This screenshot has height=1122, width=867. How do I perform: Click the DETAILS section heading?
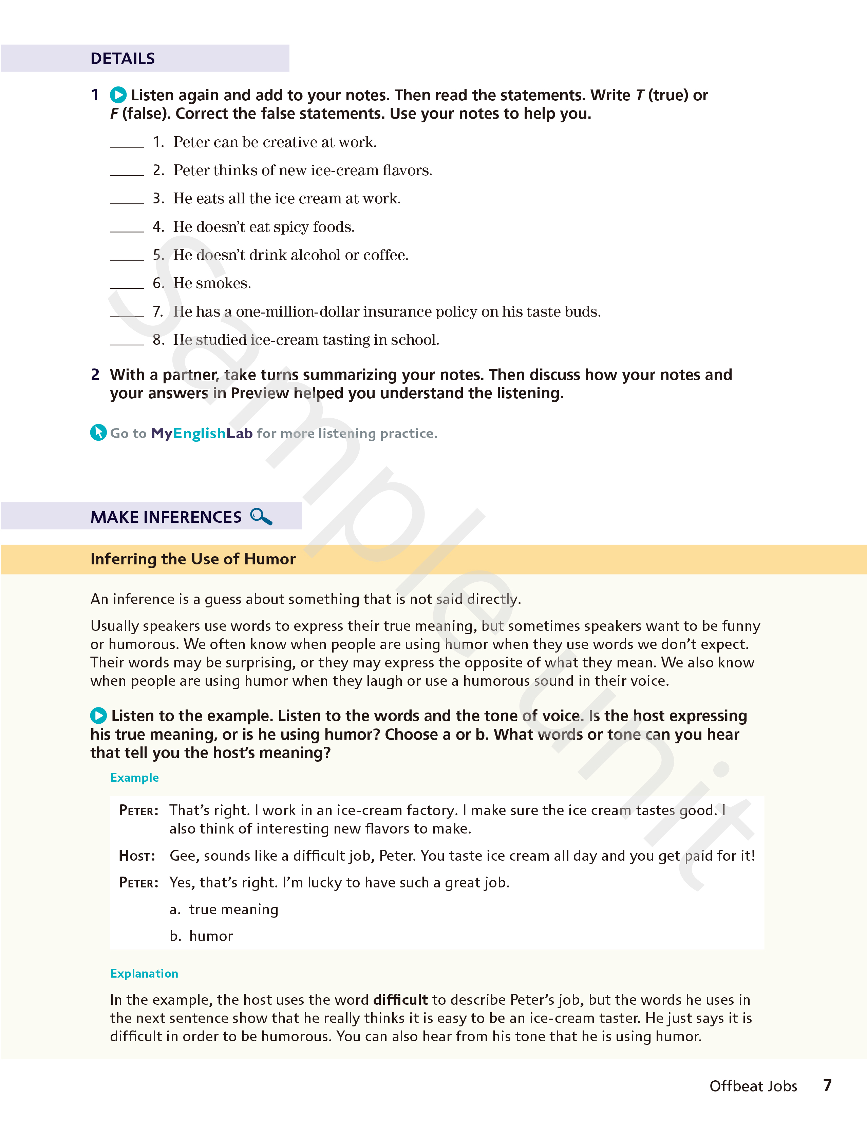(x=122, y=59)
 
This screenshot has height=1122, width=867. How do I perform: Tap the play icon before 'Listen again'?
(x=118, y=95)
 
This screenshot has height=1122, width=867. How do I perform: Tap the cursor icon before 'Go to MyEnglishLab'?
(x=98, y=433)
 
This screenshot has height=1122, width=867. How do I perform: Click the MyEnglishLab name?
(x=202, y=434)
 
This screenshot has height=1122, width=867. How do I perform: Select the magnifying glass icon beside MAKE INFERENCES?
(x=261, y=516)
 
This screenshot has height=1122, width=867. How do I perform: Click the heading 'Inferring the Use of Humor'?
(x=193, y=559)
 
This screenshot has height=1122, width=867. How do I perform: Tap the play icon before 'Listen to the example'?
(x=98, y=716)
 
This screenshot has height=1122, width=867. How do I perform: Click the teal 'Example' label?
(x=134, y=778)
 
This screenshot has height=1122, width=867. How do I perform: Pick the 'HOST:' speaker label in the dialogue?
(x=137, y=856)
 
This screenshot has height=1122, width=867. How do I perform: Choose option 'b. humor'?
(x=201, y=936)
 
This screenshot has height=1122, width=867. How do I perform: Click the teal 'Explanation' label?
(x=144, y=974)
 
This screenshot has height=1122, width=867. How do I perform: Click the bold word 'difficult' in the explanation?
(x=400, y=1000)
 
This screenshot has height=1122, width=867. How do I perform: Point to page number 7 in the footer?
(x=827, y=1085)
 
